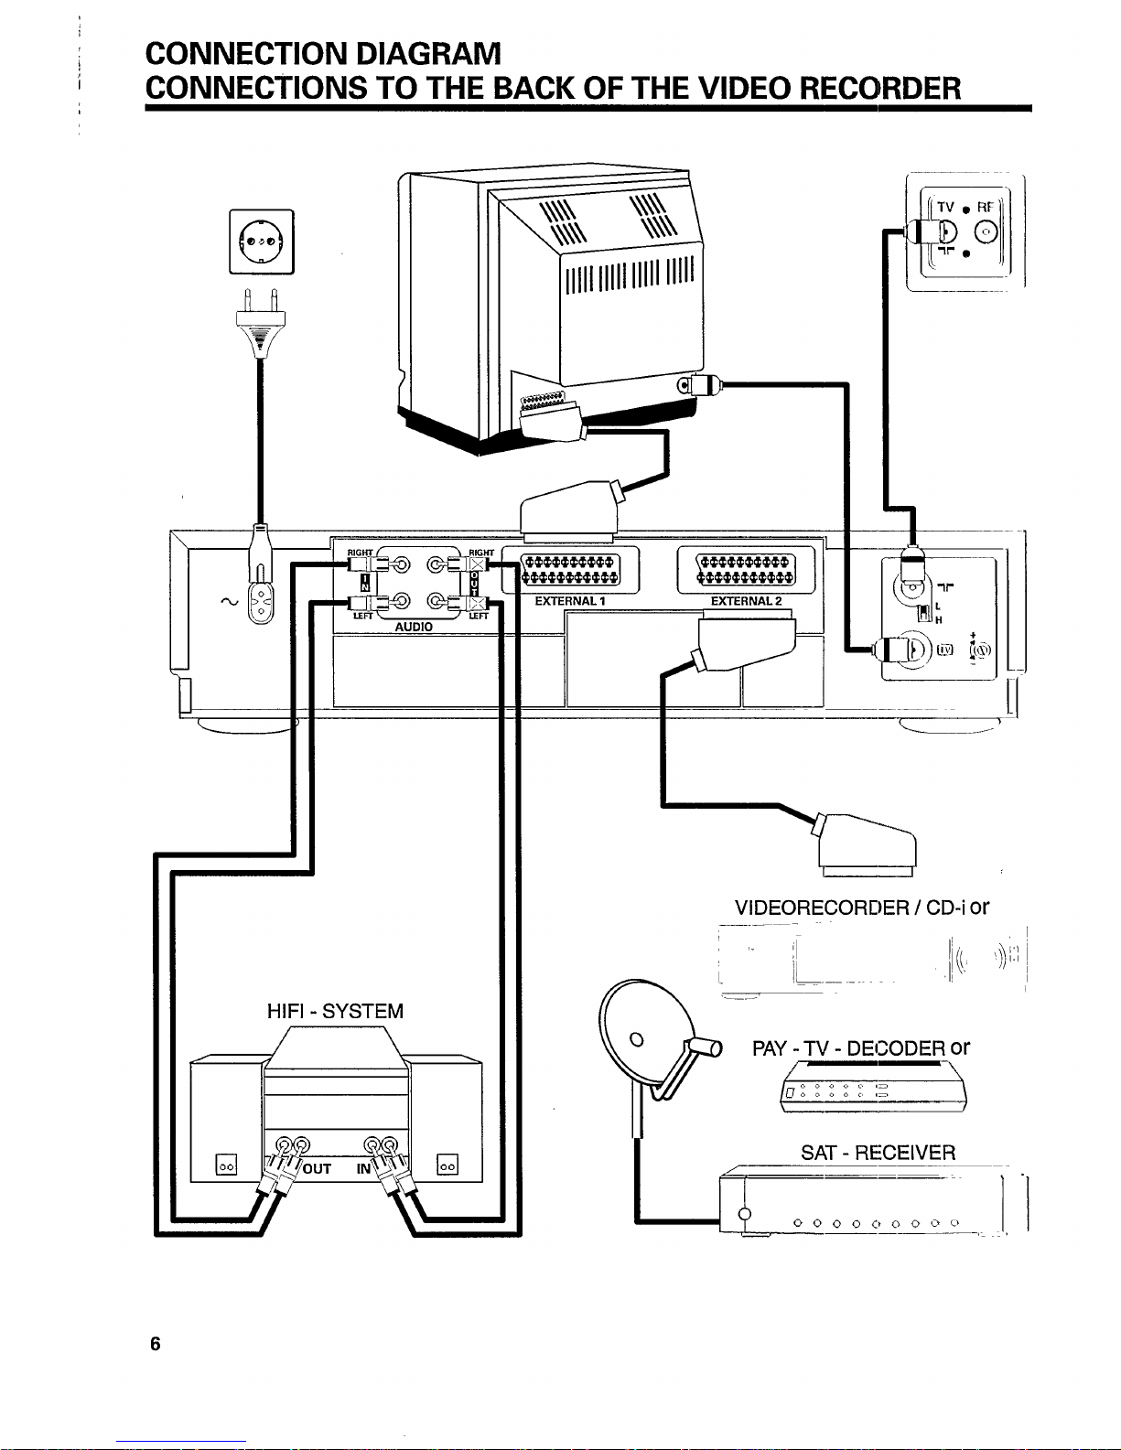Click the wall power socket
click(x=261, y=242)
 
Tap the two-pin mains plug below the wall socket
click(x=260, y=323)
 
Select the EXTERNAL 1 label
click(x=570, y=600)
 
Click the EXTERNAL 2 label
click(x=746, y=600)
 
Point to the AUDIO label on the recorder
click(x=414, y=627)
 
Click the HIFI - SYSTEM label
click(x=335, y=1011)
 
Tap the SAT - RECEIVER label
click(x=878, y=1153)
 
